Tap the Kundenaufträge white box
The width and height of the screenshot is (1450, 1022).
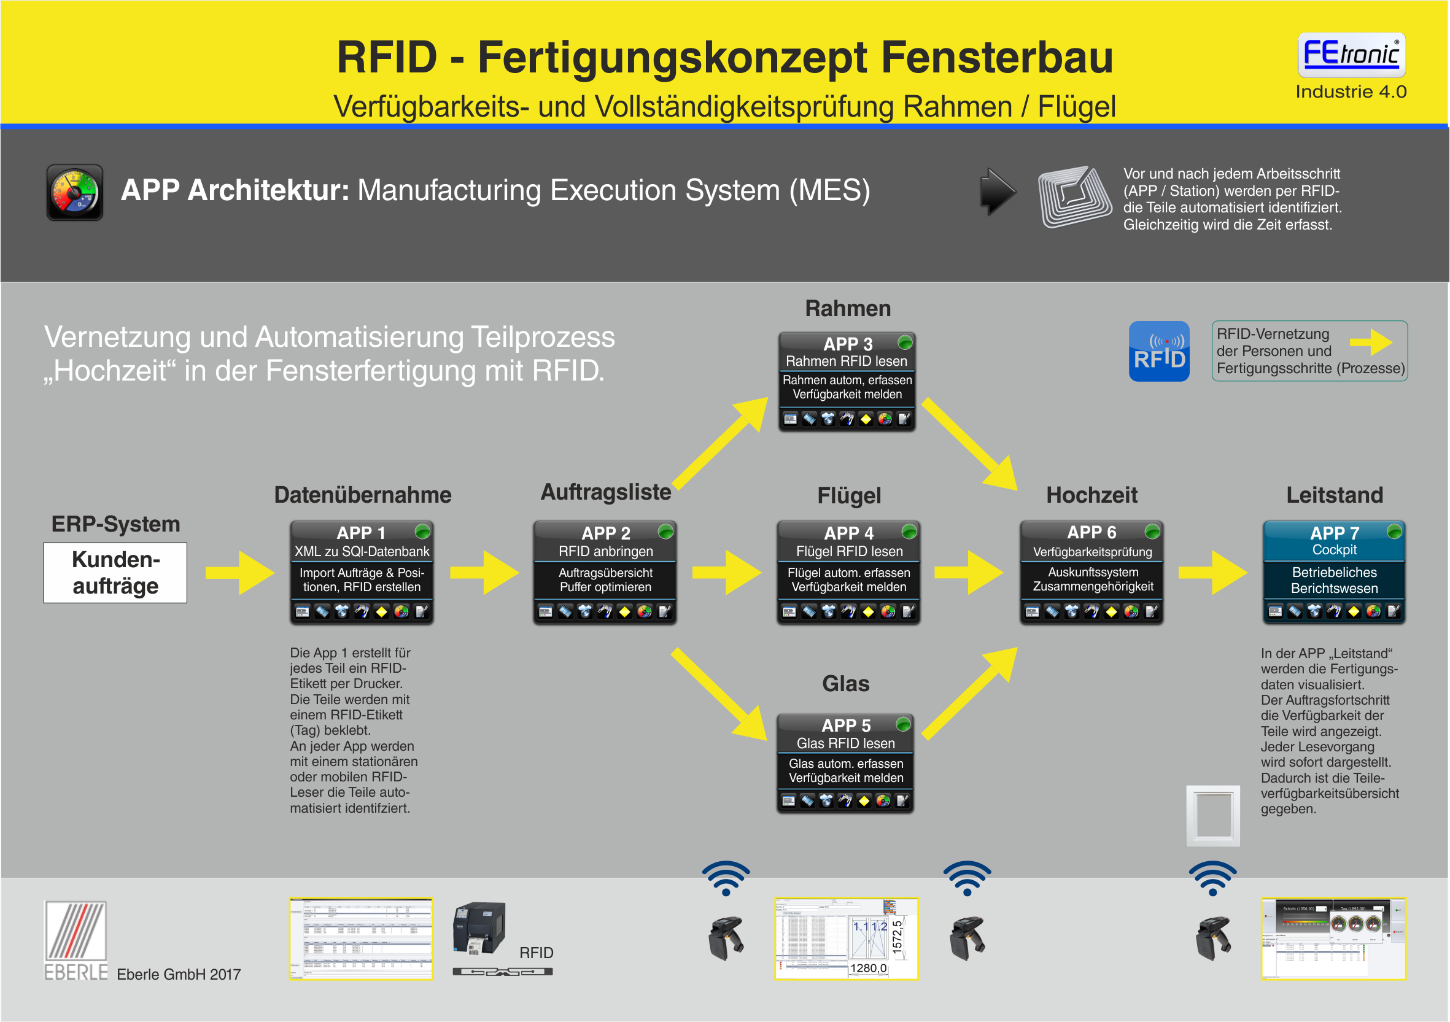pyautogui.click(x=115, y=572)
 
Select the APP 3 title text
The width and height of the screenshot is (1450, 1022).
pyautogui.click(x=848, y=344)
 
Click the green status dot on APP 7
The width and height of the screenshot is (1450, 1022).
pyautogui.click(x=1394, y=531)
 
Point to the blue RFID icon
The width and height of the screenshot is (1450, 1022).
pyautogui.click(x=1159, y=351)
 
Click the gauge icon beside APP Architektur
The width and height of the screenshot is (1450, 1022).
pyautogui.click(x=74, y=193)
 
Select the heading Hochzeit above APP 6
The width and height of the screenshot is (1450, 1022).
pyautogui.click(x=1091, y=495)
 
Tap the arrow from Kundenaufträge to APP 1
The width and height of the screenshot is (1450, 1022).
pyautogui.click(x=240, y=572)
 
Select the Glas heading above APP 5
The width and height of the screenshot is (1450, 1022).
pyautogui.click(x=845, y=683)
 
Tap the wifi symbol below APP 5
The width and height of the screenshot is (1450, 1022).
pyautogui.click(x=726, y=878)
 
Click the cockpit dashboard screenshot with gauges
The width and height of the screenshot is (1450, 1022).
pyautogui.click(x=1333, y=938)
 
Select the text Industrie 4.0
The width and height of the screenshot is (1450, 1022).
pyautogui.click(x=1350, y=91)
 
